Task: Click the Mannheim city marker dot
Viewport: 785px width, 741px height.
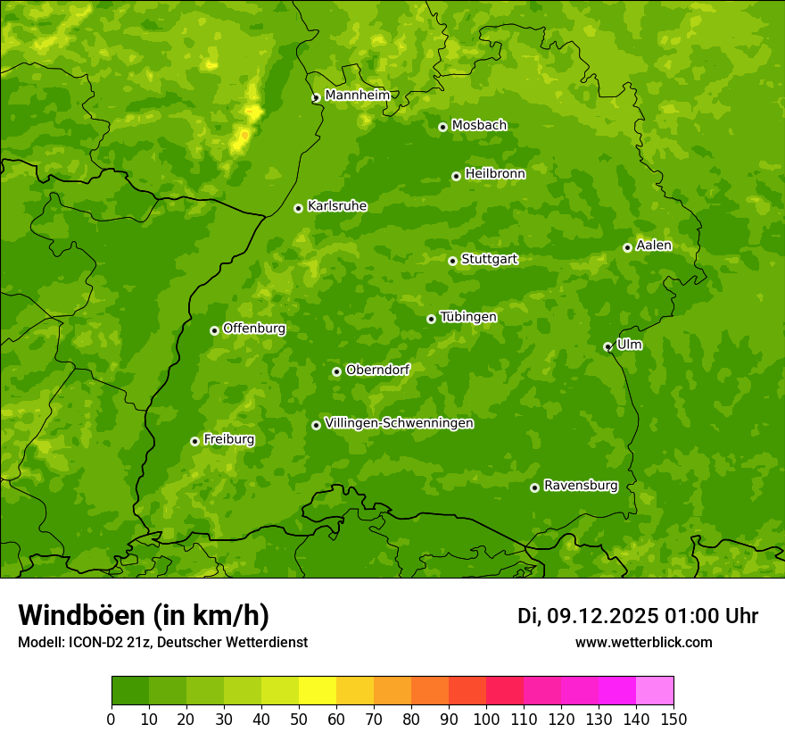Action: click(316, 98)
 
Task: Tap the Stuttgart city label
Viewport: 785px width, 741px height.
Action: click(489, 259)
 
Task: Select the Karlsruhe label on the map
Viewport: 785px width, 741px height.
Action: click(336, 206)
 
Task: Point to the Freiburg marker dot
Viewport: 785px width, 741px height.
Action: click(194, 441)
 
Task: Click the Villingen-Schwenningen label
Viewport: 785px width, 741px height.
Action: click(399, 423)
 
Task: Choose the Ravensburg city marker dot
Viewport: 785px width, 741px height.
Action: click(534, 487)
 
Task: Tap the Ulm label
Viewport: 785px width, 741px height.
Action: click(629, 345)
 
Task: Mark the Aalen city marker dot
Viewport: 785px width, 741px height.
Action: click(627, 247)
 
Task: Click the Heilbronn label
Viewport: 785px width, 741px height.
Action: click(495, 174)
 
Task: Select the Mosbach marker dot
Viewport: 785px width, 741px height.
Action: click(442, 127)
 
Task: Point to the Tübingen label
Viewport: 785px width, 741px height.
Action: click(467, 317)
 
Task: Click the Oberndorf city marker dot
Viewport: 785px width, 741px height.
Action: click(336, 371)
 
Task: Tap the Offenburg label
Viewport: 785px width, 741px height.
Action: click(254, 329)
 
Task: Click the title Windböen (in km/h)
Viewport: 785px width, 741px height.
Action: click(144, 615)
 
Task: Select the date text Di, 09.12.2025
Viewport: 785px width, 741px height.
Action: click(587, 616)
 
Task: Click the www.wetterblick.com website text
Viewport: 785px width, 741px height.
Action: click(643, 642)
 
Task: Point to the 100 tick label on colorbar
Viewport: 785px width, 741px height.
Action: click(486, 719)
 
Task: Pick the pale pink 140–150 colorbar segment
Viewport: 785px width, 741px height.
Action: click(655, 691)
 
